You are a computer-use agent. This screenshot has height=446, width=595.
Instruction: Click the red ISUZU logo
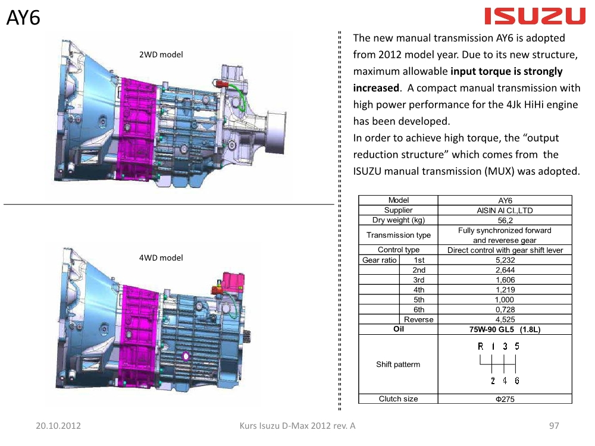click(535, 16)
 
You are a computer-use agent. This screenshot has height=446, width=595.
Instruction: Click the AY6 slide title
click(23, 17)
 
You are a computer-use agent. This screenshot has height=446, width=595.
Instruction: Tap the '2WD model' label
click(161, 55)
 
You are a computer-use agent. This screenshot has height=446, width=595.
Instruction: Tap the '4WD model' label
click(161, 258)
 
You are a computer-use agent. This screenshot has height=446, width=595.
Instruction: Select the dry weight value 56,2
click(505, 221)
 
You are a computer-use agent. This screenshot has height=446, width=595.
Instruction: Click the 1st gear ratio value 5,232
click(505, 260)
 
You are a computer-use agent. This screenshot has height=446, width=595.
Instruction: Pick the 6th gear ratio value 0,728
click(505, 309)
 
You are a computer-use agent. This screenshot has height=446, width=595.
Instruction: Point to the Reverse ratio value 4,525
click(505, 319)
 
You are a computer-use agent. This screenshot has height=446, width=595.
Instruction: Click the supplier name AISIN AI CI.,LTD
click(505, 211)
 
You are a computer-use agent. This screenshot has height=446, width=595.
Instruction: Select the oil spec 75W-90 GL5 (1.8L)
click(505, 329)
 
